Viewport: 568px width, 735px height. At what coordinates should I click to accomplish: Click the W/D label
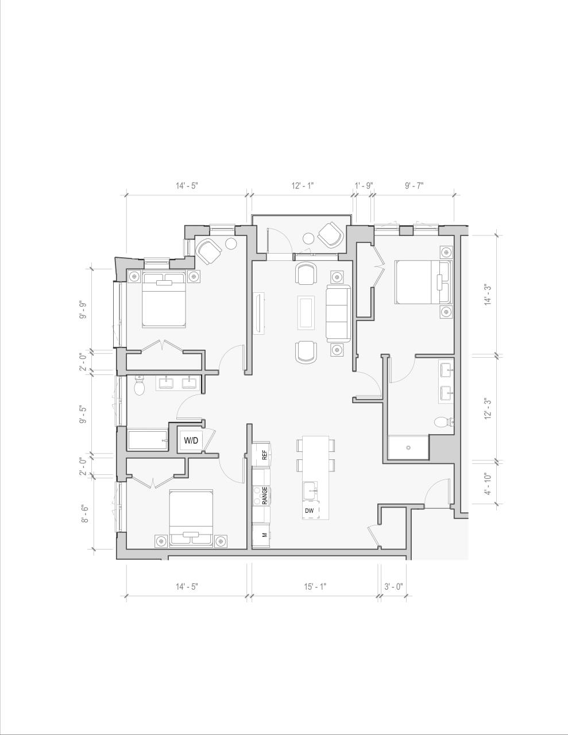191,440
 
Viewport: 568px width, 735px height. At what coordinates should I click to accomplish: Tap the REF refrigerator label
264,455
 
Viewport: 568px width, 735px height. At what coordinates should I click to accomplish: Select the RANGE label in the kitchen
264,496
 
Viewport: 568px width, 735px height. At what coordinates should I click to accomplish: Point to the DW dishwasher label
309,510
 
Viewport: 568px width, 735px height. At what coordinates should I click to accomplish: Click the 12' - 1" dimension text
303,185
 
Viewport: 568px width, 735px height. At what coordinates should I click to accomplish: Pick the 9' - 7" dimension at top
414,185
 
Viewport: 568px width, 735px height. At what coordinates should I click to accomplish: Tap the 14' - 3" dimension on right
488,294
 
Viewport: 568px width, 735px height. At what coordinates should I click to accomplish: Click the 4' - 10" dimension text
488,483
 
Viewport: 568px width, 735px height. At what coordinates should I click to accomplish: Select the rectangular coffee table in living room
306,312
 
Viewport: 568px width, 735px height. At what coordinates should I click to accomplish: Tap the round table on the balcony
308,238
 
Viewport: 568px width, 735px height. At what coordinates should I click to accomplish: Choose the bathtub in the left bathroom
148,440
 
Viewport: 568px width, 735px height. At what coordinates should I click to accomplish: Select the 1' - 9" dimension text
364,185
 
